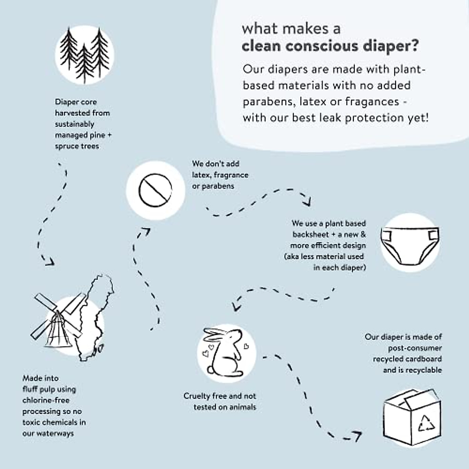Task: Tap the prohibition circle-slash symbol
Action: coord(155,190)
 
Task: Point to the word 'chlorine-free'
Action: coord(46,400)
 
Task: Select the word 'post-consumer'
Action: coord(415,348)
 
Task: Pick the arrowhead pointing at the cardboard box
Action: coord(357,435)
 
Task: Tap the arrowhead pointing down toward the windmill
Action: coord(48,261)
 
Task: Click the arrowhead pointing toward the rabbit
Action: coord(236,305)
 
